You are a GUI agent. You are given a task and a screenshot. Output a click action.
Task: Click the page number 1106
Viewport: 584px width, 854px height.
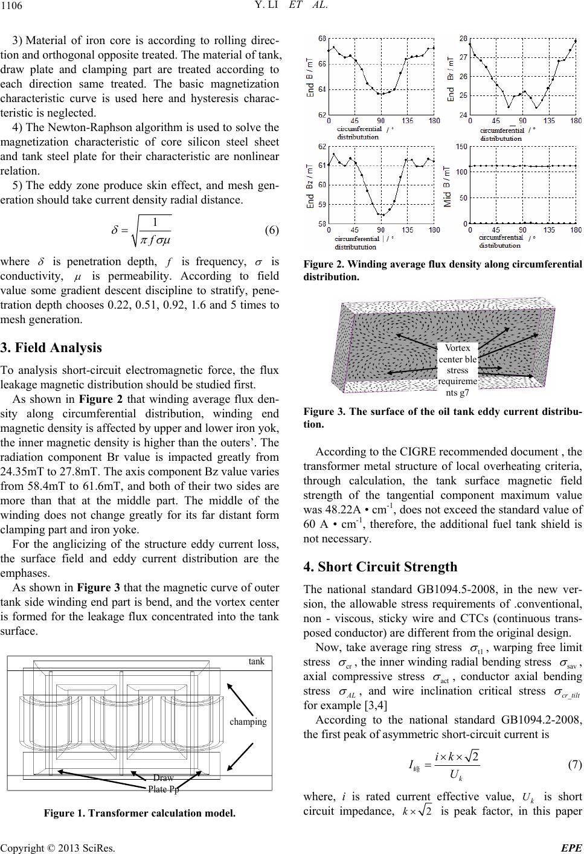[13, 7]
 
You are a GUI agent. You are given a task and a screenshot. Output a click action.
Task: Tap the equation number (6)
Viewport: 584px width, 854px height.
[271, 230]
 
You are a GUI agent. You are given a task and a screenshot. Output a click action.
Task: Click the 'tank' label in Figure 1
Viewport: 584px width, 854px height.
[257, 661]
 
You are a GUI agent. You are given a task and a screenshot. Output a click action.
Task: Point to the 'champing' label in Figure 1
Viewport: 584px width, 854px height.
[248, 721]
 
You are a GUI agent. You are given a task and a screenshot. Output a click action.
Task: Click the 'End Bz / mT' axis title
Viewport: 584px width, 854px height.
[309, 187]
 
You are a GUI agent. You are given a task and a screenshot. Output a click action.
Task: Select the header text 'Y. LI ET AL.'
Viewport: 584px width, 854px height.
[292, 7]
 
